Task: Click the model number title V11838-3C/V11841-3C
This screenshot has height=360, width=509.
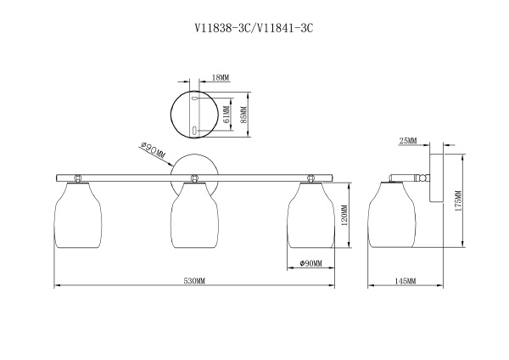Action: click(255, 28)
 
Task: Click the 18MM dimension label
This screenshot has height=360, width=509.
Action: click(221, 77)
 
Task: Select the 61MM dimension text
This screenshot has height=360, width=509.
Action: click(227, 114)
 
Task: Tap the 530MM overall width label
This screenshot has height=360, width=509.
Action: click(194, 281)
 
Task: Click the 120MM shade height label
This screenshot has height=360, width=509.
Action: click(344, 215)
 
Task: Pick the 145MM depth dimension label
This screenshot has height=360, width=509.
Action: click(406, 281)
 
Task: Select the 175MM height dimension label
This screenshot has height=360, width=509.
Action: click(458, 201)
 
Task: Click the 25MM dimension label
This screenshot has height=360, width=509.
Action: click(408, 141)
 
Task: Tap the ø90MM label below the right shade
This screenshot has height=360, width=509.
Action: click(311, 263)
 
